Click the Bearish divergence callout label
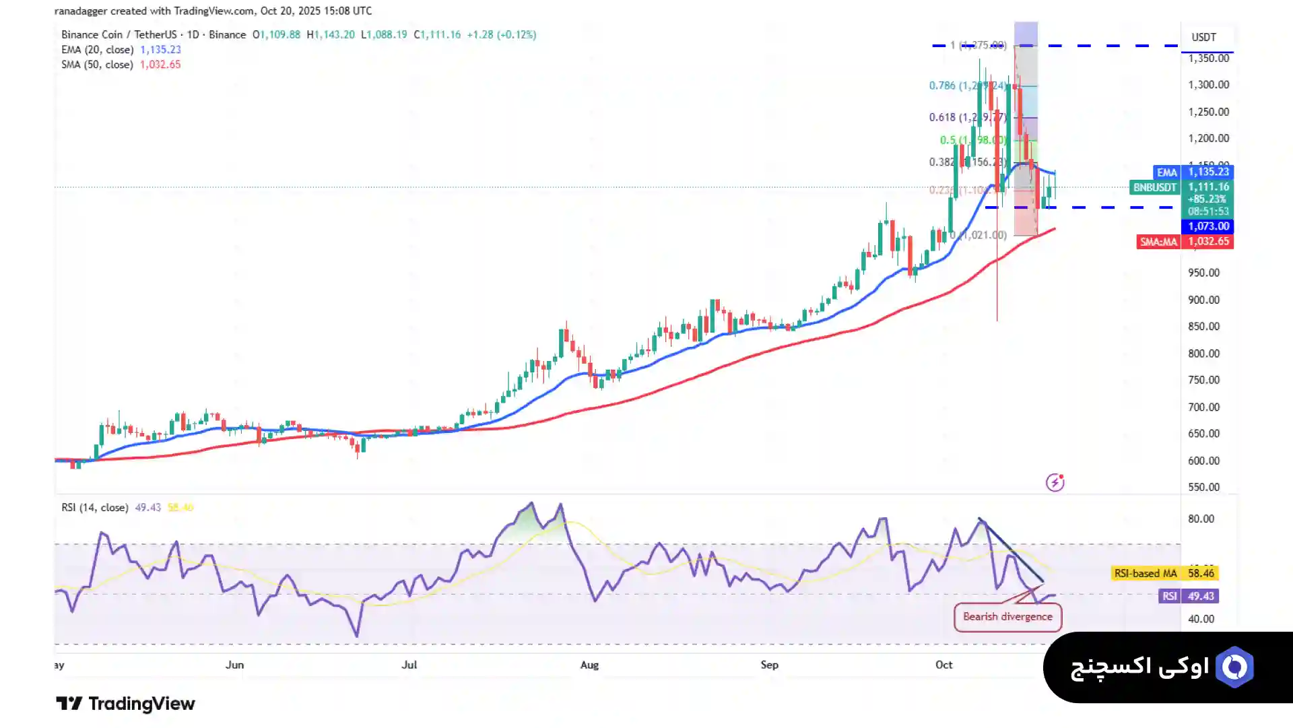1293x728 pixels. tap(1007, 617)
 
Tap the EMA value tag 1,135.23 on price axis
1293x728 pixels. tap(1208, 172)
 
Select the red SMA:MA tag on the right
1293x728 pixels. tap(1158, 242)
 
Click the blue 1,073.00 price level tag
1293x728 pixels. tap(1208, 226)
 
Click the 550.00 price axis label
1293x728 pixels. tap(1203, 487)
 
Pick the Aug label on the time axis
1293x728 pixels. tap(589, 665)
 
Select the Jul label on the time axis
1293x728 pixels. tap(409, 665)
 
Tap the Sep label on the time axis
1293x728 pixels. tap(769, 665)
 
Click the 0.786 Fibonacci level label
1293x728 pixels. tap(941, 86)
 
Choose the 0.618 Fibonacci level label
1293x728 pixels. tap(941, 117)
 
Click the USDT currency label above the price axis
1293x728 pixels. tap(1203, 37)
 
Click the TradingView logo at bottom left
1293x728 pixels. tap(125, 704)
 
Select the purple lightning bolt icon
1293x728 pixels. tap(1055, 482)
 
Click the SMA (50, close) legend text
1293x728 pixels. tap(97, 65)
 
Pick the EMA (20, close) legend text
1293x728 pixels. tap(97, 50)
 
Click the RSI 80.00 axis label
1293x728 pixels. tap(1201, 519)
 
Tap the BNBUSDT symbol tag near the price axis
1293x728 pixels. tap(1154, 187)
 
